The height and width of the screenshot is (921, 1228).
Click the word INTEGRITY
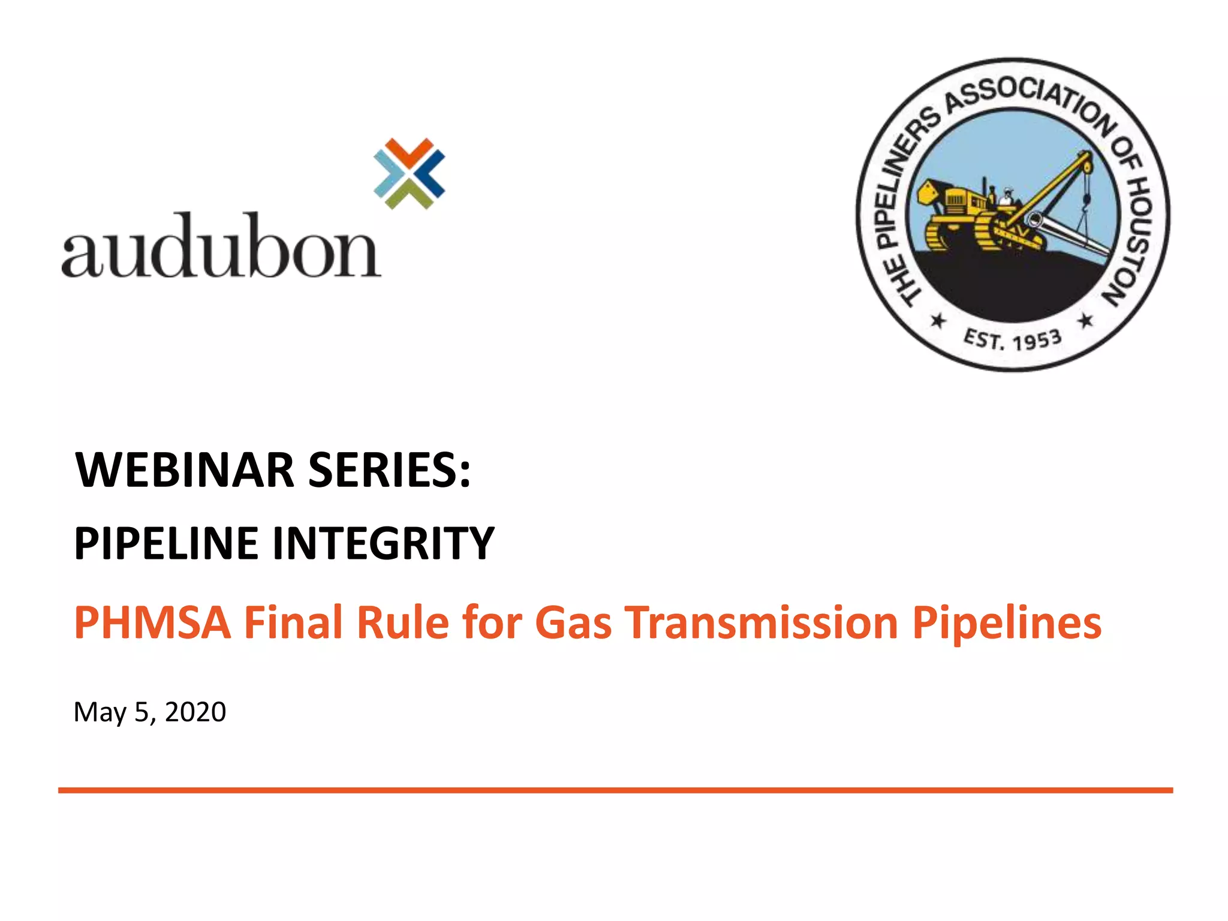click(384, 543)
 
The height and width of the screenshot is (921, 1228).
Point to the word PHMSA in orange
click(152, 622)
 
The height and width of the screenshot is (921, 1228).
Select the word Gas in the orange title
click(573, 622)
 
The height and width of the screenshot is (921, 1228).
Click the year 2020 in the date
click(195, 712)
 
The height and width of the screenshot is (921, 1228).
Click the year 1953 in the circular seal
click(1037, 340)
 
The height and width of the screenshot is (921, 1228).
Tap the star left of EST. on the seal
click(938, 321)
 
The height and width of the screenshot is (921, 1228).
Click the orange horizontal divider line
click(615, 790)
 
